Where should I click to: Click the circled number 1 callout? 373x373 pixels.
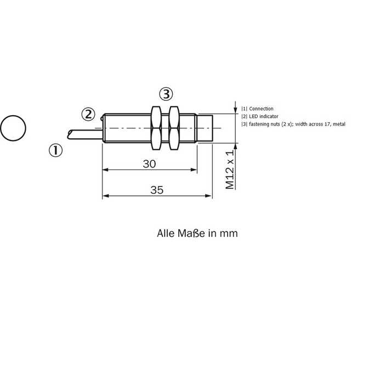[55, 150]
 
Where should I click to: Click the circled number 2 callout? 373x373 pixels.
[88, 115]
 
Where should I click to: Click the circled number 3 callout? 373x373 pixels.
[166, 94]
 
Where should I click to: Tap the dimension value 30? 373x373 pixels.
[149, 164]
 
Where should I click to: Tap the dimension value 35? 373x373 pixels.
[157, 190]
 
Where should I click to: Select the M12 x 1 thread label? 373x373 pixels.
[230, 169]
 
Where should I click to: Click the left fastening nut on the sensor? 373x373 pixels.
[156, 128]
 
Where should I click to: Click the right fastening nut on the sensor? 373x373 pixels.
[174, 128]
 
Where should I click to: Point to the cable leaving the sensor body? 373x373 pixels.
[85, 134]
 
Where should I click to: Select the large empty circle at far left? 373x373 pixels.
[13, 128]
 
